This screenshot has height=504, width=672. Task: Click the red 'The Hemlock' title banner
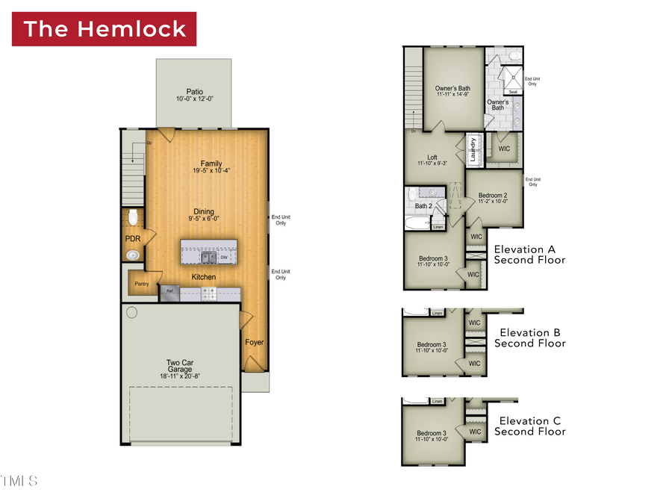coord(104,29)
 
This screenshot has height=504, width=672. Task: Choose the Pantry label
coord(141,284)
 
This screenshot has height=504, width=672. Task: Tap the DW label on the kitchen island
coord(223,258)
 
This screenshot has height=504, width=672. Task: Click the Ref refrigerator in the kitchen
coord(170,292)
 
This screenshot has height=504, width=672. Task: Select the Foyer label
coord(254,343)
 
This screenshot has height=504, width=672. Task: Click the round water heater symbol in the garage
coord(132,313)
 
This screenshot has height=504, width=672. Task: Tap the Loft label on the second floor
coord(432,160)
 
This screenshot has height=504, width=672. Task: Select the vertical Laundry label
coord(473,149)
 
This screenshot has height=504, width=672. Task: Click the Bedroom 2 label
coord(493,197)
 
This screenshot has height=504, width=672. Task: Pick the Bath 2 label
coord(423,206)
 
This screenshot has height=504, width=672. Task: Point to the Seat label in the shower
coord(513,92)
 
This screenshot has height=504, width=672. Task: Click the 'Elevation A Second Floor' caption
coord(529,255)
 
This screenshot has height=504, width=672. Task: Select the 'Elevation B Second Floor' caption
coord(529,338)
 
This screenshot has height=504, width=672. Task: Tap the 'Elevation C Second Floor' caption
coord(529,426)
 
